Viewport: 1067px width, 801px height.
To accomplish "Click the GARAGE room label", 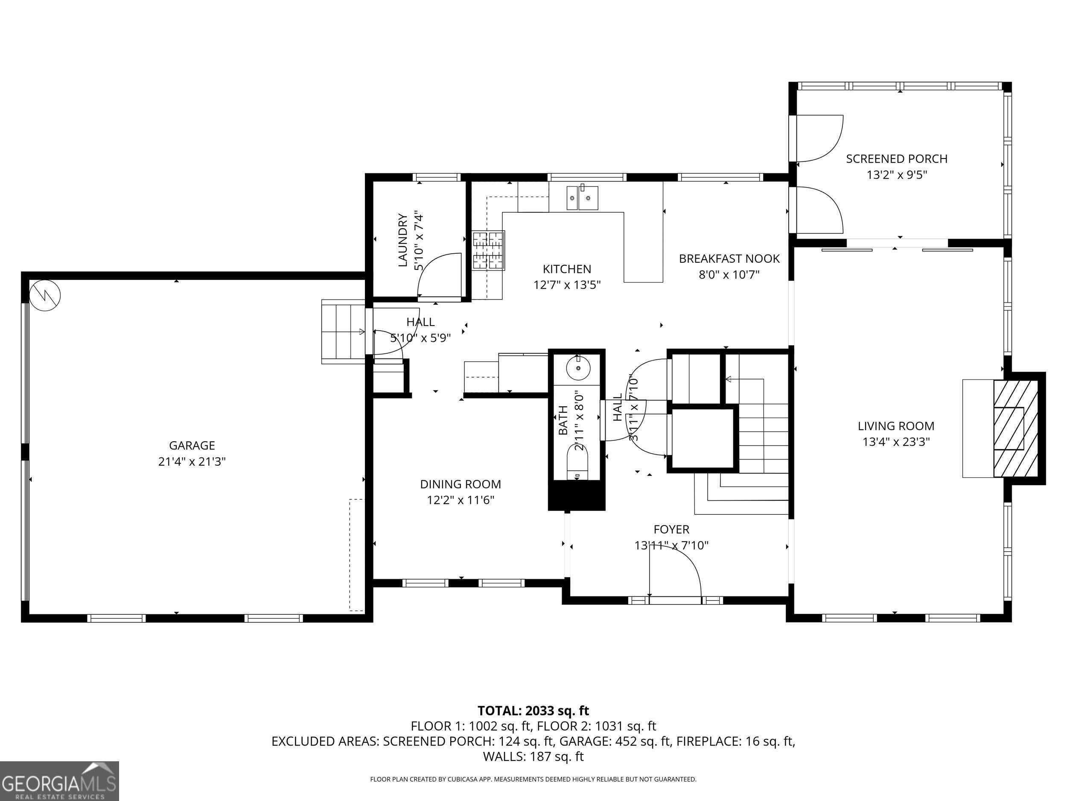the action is point(192,445).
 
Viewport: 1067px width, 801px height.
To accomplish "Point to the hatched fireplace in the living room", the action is point(1015,428).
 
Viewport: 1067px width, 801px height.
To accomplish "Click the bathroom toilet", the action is point(578,461).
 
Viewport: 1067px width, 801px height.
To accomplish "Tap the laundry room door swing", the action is point(439,275).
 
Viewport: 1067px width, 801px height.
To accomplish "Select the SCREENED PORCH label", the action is point(897,158).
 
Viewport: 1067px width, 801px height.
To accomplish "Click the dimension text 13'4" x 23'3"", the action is point(896,442).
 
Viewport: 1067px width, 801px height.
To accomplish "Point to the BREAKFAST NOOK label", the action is point(729,258).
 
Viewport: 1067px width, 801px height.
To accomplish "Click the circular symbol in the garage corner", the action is point(45,295).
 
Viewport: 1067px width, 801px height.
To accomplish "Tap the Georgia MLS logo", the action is point(59,781).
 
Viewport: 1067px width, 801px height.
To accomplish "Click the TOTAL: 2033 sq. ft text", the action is point(533,711).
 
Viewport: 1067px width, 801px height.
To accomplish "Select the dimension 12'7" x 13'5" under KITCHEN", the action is point(567,285).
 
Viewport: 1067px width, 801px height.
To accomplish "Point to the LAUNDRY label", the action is point(403,240).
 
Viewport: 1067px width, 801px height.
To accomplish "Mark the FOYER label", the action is point(671,529).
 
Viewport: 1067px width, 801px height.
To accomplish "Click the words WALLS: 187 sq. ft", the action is point(533,757).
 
